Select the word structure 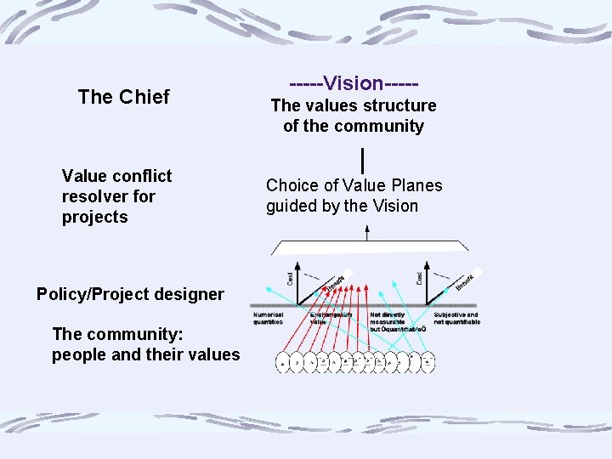pyautogui.click(x=396, y=106)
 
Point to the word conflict pyautogui.click(x=139, y=176)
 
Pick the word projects pyautogui.click(x=94, y=217)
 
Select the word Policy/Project pyautogui.click(x=92, y=294)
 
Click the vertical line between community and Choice pyautogui.click(x=363, y=159)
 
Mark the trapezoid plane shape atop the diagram pyautogui.click(x=369, y=247)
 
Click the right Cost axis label pyautogui.click(x=419, y=279)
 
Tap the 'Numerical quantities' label pyautogui.click(x=269, y=319)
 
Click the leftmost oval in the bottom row pyautogui.click(x=283, y=364)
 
